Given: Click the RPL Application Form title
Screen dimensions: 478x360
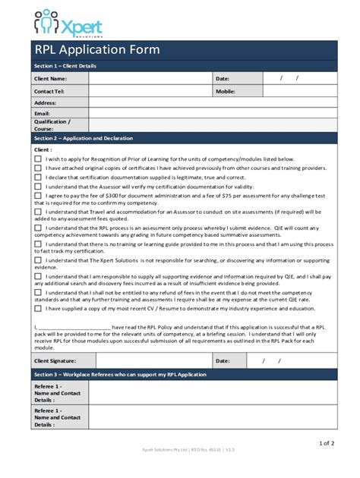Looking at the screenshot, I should (x=96, y=50).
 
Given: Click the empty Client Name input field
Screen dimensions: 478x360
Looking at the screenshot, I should (x=150, y=78).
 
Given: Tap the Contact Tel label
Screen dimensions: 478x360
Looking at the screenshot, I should (x=49, y=91).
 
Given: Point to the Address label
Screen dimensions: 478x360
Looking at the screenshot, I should (x=46, y=102).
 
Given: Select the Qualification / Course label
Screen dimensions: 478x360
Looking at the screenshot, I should (x=52, y=124).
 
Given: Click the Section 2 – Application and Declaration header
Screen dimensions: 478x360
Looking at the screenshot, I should (x=84, y=139).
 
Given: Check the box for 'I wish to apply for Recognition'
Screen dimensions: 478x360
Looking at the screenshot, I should (x=38, y=159).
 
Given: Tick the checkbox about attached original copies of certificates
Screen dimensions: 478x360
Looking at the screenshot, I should (x=38, y=168).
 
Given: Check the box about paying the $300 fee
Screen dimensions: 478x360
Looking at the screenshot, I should (x=38, y=195).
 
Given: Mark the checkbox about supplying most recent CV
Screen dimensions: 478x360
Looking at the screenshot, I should (x=38, y=309).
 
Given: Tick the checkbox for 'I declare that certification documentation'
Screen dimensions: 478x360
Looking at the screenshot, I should (x=38, y=177).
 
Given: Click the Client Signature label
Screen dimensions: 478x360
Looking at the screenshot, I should (x=55, y=361).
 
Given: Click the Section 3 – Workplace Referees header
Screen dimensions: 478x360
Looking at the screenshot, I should (x=109, y=376).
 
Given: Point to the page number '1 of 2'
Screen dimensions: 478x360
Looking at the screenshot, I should (x=327, y=443).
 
